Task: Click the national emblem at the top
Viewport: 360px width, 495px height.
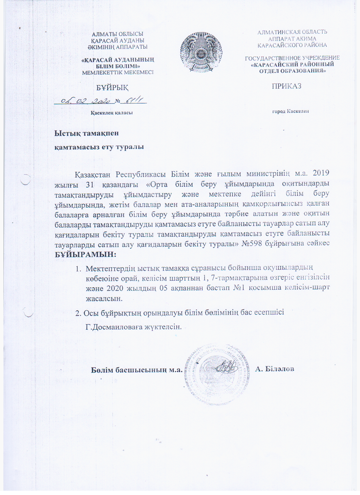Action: [201, 52]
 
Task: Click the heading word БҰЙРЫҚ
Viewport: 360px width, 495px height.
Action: [112, 88]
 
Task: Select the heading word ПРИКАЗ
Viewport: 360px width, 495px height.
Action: [286, 86]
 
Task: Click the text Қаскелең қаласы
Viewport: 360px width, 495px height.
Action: [111, 113]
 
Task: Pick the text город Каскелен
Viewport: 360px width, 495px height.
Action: [290, 111]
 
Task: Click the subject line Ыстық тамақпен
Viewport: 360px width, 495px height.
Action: [86, 133]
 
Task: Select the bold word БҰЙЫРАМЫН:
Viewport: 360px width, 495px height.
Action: [85, 254]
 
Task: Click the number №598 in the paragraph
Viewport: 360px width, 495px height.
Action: [252, 243]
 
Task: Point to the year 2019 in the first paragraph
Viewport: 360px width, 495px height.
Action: [321, 173]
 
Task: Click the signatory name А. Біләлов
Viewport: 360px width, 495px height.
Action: [275, 369]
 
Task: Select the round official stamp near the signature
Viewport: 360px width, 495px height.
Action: [217, 374]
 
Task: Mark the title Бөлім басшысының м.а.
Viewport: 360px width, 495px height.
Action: [137, 370]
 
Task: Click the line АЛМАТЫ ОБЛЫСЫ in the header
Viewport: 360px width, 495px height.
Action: [118, 34]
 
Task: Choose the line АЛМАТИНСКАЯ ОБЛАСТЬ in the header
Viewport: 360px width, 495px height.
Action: [292, 32]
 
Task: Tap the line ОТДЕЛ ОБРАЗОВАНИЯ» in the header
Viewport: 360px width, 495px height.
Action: [293, 71]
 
